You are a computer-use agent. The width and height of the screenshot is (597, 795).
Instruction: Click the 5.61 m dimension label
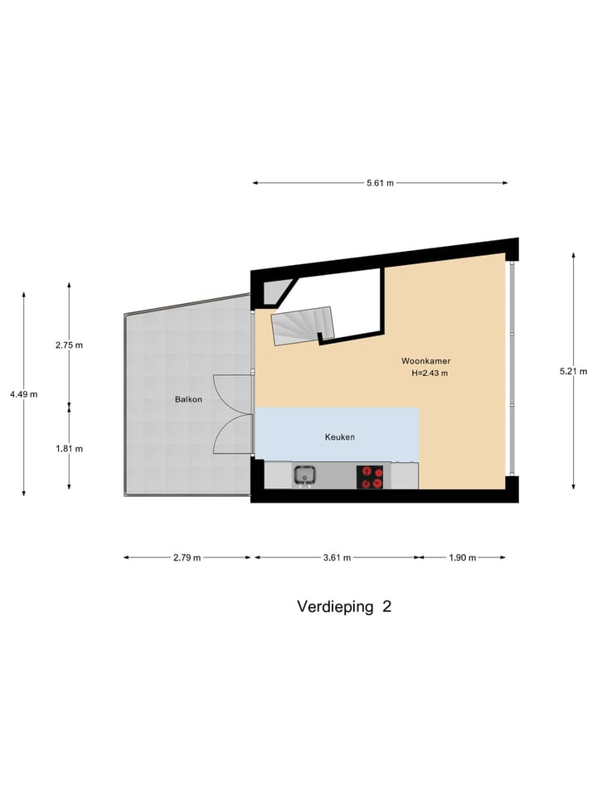click(380, 183)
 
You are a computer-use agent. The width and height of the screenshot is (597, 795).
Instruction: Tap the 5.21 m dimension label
click(574, 371)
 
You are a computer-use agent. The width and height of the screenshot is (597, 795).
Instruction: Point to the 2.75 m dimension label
click(69, 345)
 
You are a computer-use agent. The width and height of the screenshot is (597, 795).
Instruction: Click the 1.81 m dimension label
click(69, 449)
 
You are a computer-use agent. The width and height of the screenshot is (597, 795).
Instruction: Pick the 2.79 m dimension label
click(187, 557)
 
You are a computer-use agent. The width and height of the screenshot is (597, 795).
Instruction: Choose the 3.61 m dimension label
click(337, 557)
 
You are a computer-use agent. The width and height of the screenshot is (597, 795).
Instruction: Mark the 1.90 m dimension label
click(462, 557)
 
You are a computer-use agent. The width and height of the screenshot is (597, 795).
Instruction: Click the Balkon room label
click(187, 399)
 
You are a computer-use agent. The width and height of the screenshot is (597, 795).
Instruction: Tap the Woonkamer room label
click(425, 361)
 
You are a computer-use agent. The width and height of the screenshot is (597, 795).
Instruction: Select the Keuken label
click(339, 436)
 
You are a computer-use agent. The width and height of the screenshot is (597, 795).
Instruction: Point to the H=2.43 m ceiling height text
click(430, 373)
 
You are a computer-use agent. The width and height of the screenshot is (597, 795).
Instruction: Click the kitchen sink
click(303, 475)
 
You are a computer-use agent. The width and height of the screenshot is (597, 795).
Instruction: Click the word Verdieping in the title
click(336, 606)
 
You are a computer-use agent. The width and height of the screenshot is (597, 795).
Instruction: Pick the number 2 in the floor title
click(386, 606)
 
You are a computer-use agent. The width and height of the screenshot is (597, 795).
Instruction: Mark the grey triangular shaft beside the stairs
click(277, 290)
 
